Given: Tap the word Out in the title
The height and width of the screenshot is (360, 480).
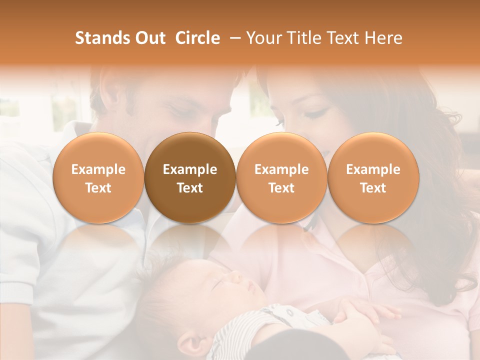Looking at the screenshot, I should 149,38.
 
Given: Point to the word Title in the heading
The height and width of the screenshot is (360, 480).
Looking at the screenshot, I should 303,38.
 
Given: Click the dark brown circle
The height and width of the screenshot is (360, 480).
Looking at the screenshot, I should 190,177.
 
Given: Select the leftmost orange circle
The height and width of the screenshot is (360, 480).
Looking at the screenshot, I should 98,177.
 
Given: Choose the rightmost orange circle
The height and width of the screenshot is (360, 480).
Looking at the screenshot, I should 373,177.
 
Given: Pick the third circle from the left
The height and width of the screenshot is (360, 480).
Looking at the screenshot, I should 281,177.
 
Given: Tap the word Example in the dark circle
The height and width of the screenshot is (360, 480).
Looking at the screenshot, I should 190,169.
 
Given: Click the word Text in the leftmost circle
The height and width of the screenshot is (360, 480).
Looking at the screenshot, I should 98,188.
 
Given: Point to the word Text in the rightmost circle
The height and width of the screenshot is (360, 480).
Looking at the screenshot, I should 373,188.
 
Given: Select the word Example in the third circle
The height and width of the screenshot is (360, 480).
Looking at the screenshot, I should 281,169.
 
